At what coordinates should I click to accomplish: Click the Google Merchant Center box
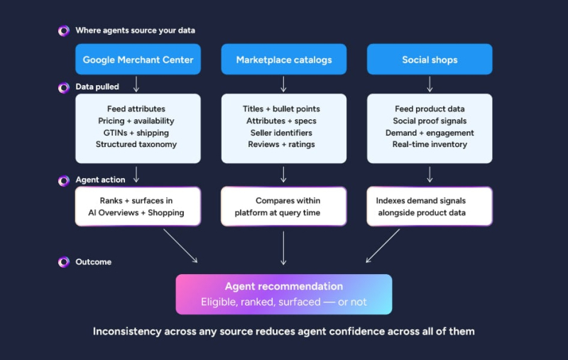pyautogui.click(x=138, y=60)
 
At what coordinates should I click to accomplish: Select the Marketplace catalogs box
pyautogui.click(x=283, y=60)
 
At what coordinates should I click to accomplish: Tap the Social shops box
pyautogui.click(x=430, y=60)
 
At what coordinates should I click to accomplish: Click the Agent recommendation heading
pyautogui.click(x=283, y=286)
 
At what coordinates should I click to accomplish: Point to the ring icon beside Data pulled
pyautogui.click(x=63, y=87)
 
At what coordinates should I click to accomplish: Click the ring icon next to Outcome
pyautogui.click(x=63, y=262)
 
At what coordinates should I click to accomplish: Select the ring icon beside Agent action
pyautogui.click(x=63, y=180)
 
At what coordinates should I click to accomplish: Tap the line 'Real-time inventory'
pyautogui.click(x=430, y=144)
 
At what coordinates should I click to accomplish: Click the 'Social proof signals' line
pyautogui.click(x=430, y=121)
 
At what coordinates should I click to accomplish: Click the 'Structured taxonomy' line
pyautogui.click(x=136, y=144)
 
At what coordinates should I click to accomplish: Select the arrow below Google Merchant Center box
pyautogui.click(x=136, y=84)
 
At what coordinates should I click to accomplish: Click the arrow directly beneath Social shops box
pyautogui.click(x=430, y=84)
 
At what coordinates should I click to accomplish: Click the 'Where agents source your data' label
pyautogui.click(x=135, y=31)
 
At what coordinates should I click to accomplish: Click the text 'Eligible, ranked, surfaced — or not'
pyautogui.click(x=283, y=302)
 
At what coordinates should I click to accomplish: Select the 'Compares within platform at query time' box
pyautogui.click(x=283, y=207)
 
